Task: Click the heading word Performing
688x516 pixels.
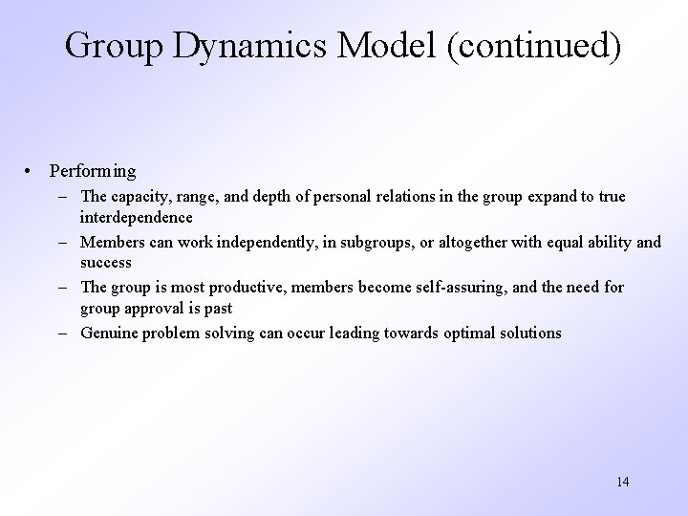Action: (93, 171)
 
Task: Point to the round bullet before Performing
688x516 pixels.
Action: (32, 171)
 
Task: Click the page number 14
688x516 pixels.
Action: (622, 481)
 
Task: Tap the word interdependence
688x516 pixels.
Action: (140, 217)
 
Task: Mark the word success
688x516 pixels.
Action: (106, 262)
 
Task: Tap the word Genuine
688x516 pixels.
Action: (111, 333)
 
